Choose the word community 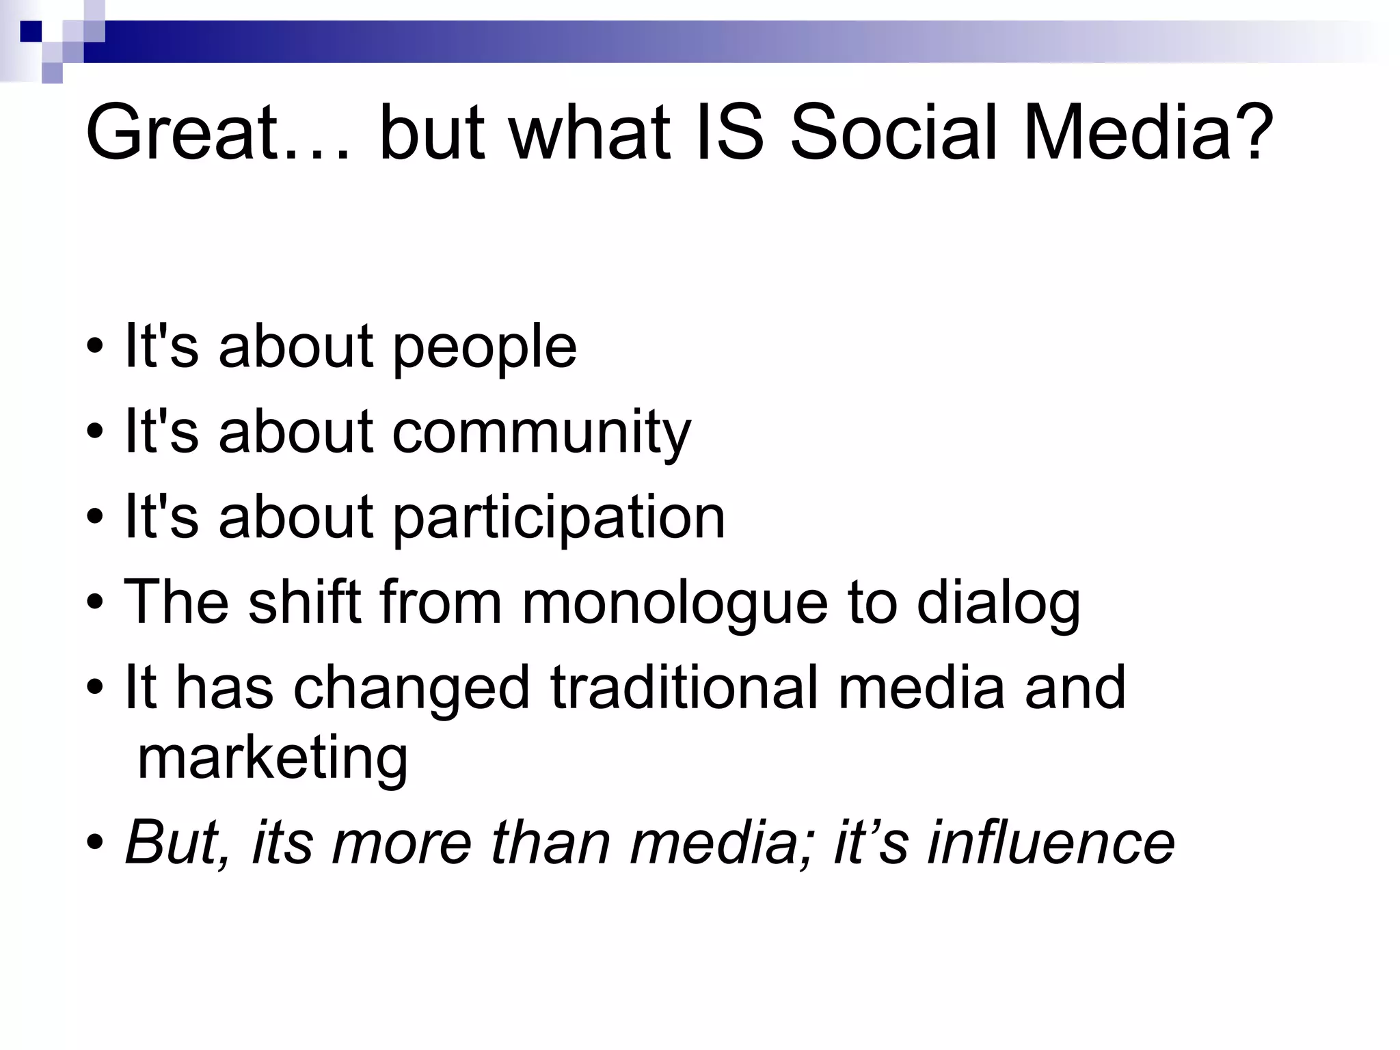pos(541,433)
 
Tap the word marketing pos(272,760)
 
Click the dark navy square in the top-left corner pos(31,31)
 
